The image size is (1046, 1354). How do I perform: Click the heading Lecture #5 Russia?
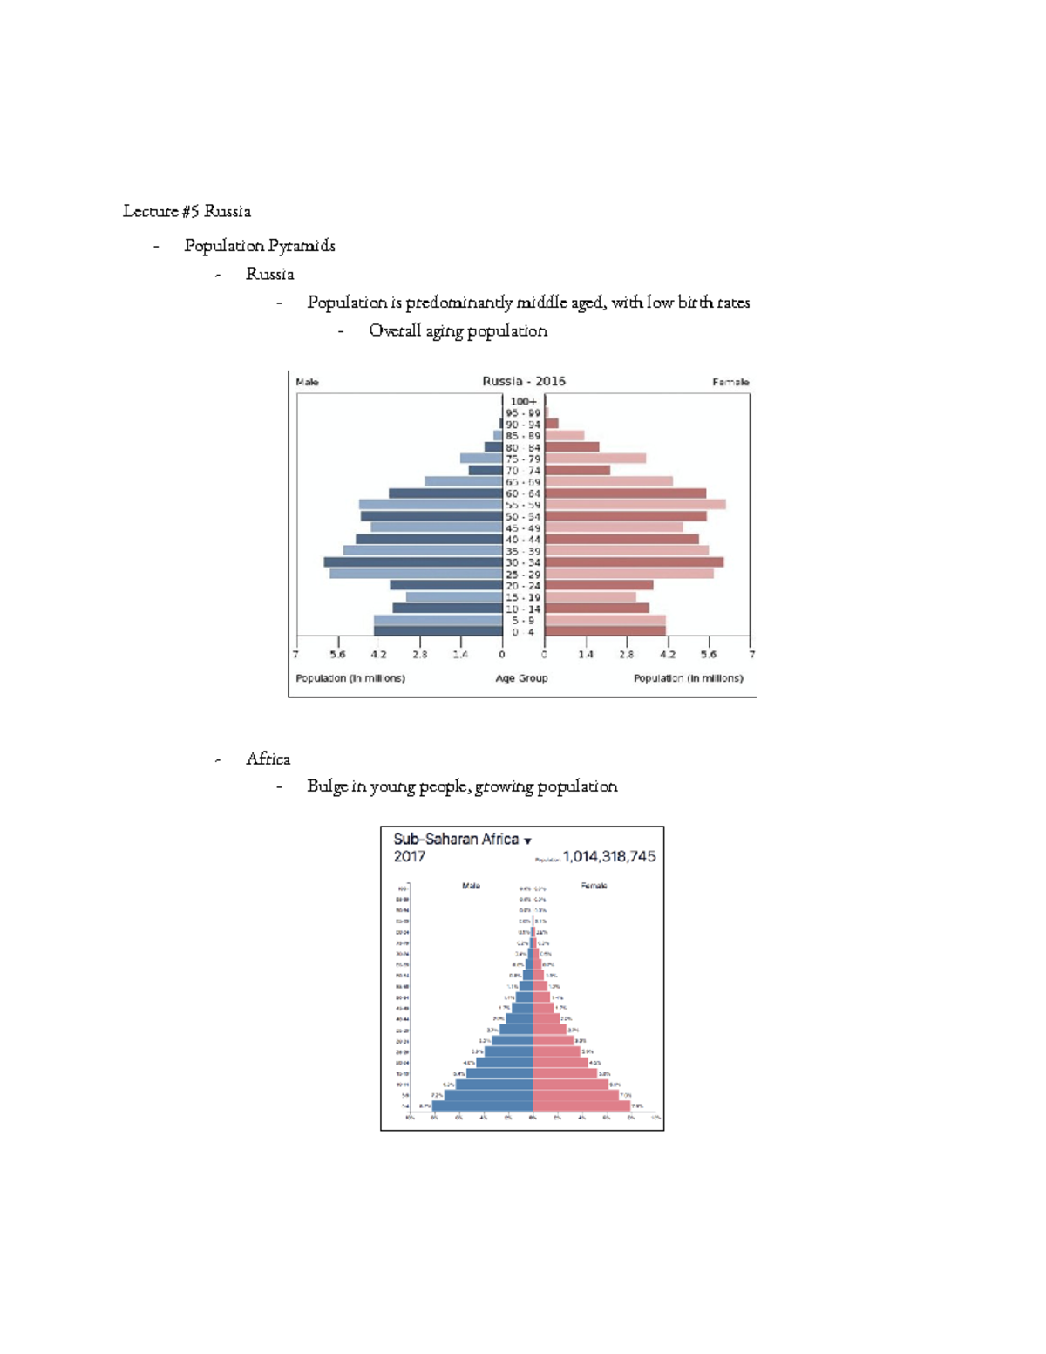coord(187,211)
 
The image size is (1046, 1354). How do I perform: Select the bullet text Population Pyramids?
coord(259,246)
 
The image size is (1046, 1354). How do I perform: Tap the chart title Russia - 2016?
coord(524,381)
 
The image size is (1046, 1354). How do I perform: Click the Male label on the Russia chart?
coord(307,382)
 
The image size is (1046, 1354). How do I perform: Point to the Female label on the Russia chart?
coord(730,382)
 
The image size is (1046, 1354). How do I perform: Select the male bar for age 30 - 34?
coord(413,562)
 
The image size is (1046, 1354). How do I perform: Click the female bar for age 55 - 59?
coord(635,505)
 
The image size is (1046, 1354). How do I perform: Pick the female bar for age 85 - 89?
coord(564,435)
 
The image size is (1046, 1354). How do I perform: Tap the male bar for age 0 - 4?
coord(438,631)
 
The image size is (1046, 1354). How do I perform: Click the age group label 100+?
coord(523,402)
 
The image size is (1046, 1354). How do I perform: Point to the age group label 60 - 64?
coord(523,493)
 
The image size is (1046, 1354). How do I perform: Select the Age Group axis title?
coord(521,678)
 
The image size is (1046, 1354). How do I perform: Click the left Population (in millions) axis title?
coord(350,678)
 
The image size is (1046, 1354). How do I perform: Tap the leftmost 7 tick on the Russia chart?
coord(296,654)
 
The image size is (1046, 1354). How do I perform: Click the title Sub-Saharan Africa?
coord(455,839)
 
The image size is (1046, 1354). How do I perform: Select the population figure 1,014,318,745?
coord(608,857)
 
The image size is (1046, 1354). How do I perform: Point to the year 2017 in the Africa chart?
coord(409,857)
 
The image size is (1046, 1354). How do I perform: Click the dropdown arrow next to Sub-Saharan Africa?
coord(527,841)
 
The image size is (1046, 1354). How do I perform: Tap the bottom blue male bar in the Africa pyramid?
coord(483,1106)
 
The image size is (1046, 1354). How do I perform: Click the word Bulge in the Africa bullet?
coord(327,786)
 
